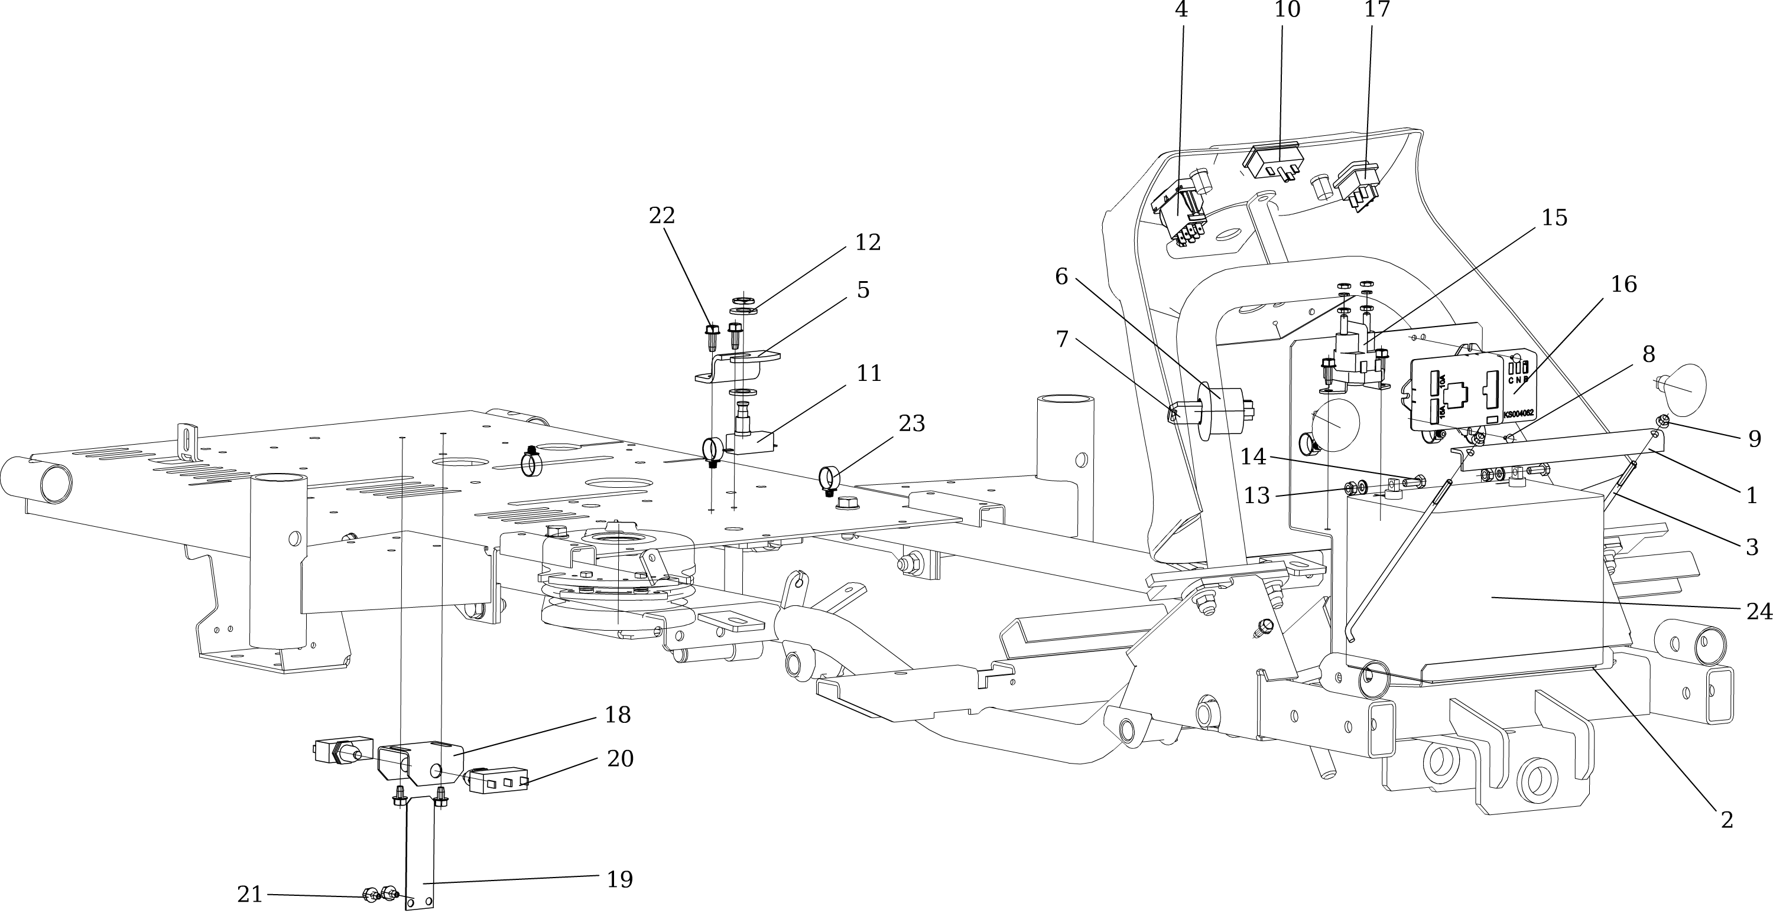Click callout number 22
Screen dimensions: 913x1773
coord(661,216)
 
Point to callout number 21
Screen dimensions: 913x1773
coord(249,895)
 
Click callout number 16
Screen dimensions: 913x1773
coord(1623,284)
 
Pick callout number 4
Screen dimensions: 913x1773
coord(1181,9)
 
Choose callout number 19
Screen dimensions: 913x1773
coord(619,879)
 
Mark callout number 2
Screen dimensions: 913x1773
coord(1726,820)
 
